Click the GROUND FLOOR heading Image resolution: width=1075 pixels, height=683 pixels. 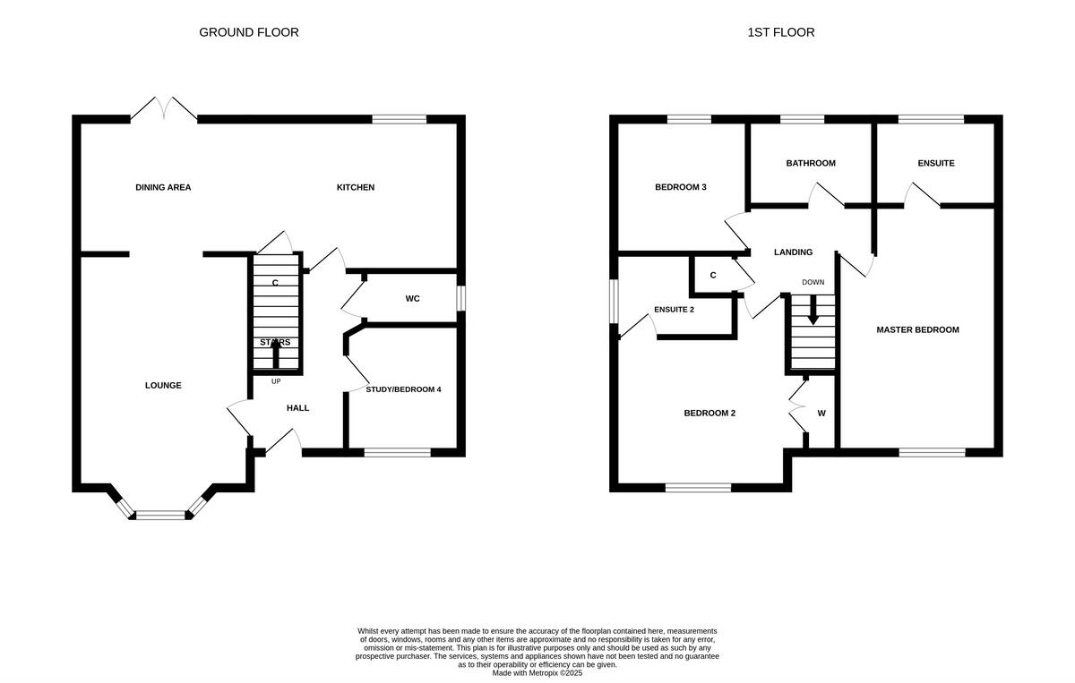click(248, 32)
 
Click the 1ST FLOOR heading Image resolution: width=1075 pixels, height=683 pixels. click(780, 32)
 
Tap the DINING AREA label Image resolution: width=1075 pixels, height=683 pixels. click(163, 187)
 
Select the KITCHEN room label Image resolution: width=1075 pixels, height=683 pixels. click(356, 187)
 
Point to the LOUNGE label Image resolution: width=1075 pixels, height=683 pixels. click(163, 386)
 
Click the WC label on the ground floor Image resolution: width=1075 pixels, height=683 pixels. click(412, 298)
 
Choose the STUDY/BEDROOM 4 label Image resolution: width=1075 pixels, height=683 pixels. click(403, 389)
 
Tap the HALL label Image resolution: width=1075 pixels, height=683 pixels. click(297, 408)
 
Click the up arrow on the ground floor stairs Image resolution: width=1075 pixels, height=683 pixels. click(275, 354)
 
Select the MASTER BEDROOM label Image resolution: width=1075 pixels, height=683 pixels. click(917, 329)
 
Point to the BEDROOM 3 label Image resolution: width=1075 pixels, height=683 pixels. click(681, 187)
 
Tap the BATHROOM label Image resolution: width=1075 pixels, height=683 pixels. click(811, 163)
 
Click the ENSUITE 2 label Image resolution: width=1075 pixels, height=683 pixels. click(674, 309)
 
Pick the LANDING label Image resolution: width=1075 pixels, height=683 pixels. click(793, 252)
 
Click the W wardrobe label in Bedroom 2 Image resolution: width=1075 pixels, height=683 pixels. click(821, 414)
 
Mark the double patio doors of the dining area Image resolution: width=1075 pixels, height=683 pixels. click(164, 111)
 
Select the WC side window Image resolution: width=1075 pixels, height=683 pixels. click(460, 298)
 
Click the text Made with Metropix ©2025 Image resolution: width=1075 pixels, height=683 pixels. click(537, 672)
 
